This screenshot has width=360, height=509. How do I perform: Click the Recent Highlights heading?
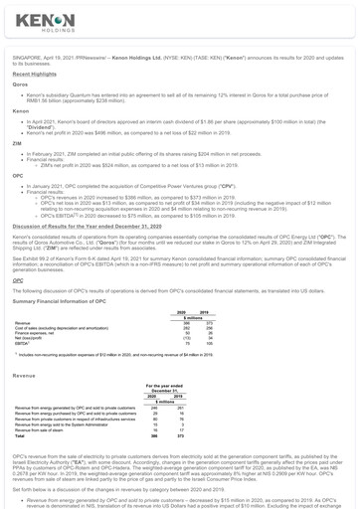point(34,74)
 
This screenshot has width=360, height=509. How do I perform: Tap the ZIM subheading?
point(17,142)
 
